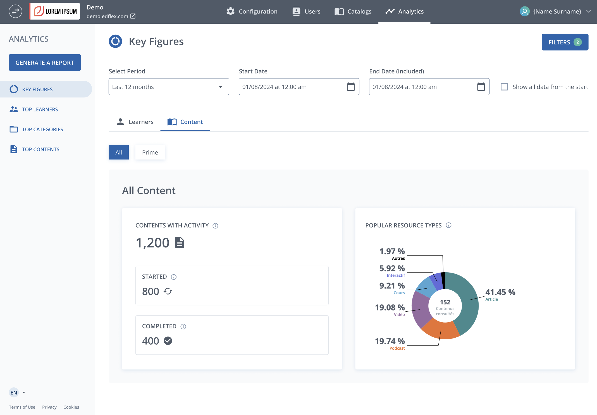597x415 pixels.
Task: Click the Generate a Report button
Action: (x=45, y=63)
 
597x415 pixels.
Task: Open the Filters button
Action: (x=565, y=42)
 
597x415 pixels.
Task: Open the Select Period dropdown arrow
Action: (x=221, y=87)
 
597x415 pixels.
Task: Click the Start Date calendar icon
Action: (x=351, y=87)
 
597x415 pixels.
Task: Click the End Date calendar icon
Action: (x=481, y=87)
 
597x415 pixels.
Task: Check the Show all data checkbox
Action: (x=504, y=87)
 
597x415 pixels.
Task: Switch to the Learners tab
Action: (x=135, y=122)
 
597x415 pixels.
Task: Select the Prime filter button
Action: (x=150, y=152)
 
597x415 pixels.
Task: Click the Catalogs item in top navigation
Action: (x=353, y=11)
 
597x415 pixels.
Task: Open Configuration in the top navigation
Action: (x=252, y=11)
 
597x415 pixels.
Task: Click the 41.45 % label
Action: (x=500, y=292)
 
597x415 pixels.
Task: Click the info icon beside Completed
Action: (x=183, y=326)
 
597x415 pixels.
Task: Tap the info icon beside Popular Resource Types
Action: (x=448, y=225)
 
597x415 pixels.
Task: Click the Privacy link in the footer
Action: (x=49, y=407)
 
